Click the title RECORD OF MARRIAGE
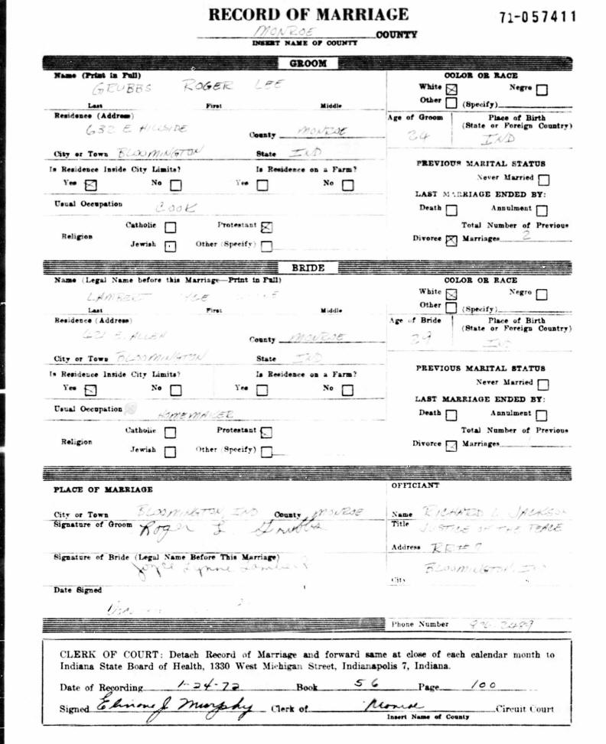[308, 14]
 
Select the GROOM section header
[308, 63]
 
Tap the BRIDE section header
[308, 268]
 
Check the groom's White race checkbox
[451, 89]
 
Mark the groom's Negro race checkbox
[542, 89]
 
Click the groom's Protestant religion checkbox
[266, 226]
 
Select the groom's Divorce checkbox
[451, 239]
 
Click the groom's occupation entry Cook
[175, 206]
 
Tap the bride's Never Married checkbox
[542, 385]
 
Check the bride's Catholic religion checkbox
[170, 432]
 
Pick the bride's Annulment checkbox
[542, 415]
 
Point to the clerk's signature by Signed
[176, 707]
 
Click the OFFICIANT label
[415, 486]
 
